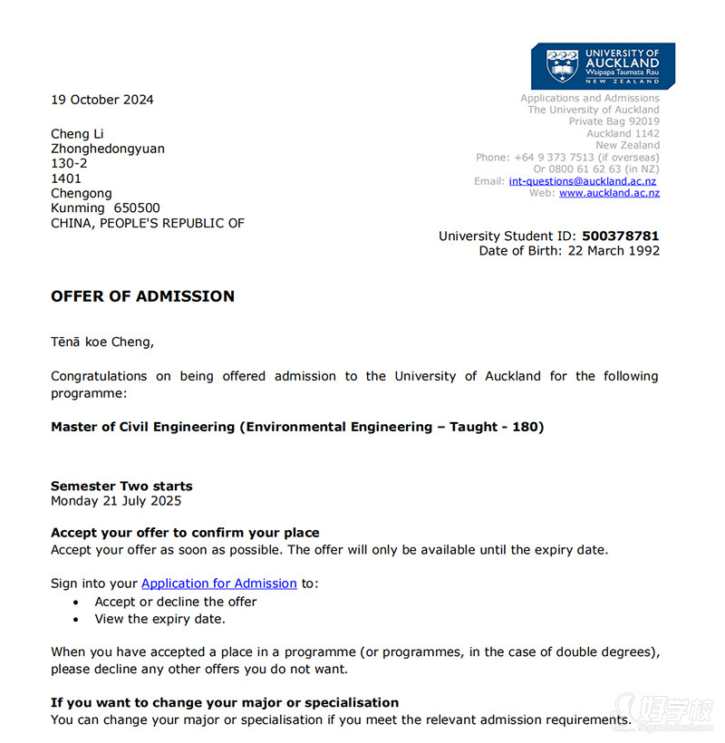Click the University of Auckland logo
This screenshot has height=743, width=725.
pyautogui.click(x=603, y=65)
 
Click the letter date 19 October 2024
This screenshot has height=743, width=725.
pyautogui.click(x=102, y=100)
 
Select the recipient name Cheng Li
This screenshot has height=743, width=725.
pyautogui.click(x=77, y=134)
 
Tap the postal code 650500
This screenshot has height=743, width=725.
pyautogui.click(x=135, y=208)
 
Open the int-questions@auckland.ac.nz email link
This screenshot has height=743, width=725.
pyautogui.click(x=582, y=181)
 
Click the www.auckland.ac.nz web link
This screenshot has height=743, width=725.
pyautogui.click(x=609, y=193)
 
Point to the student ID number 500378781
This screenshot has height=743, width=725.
pyautogui.click(x=621, y=236)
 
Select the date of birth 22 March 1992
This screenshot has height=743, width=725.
pyautogui.click(x=614, y=251)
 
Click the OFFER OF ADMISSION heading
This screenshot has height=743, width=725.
pyautogui.click(x=142, y=296)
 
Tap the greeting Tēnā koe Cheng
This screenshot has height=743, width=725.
pyautogui.click(x=102, y=343)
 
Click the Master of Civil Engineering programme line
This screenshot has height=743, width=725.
pyautogui.click(x=297, y=427)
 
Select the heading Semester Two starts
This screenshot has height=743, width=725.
pyautogui.click(x=121, y=486)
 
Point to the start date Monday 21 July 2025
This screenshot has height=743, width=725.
pyautogui.click(x=116, y=501)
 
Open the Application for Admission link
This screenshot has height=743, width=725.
pyautogui.click(x=219, y=584)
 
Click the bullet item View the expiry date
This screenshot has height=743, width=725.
pyautogui.click(x=159, y=620)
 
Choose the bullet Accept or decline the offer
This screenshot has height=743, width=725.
pyautogui.click(x=176, y=602)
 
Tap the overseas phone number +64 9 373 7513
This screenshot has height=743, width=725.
pyautogui.click(x=554, y=158)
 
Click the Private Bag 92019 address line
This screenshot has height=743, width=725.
pyautogui.click(x=614, y=121)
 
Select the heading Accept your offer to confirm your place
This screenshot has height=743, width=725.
pyautogui.click(x=185, y=533)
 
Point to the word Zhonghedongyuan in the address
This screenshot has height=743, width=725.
pyautogui.click(x=108, y=149)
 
